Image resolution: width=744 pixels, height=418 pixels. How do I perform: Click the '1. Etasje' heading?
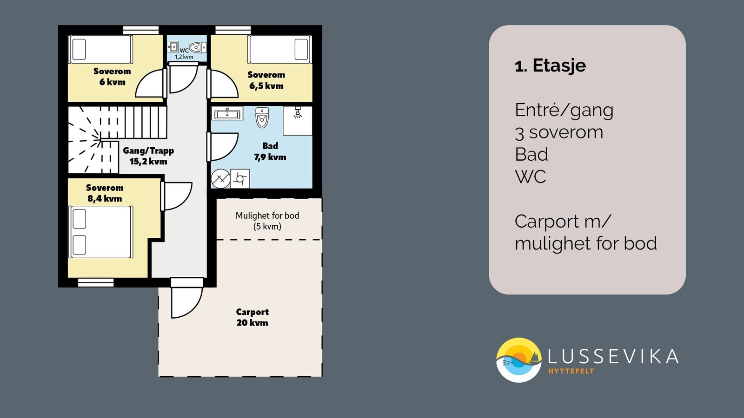(x=550, y=65)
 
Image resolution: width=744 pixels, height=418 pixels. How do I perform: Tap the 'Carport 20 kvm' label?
(x=252, y=317)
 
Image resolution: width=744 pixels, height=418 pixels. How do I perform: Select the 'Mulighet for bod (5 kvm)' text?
(x=267, y=221)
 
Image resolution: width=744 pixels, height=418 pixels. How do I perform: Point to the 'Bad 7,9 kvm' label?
(x=270, y=151)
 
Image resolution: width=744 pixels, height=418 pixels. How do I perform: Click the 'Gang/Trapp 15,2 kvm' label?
(x=148, y=156)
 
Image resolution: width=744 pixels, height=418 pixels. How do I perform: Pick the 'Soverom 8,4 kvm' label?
(x=105, y=193)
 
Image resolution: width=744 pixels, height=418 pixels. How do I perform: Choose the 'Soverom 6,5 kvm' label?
(x=266, y=80)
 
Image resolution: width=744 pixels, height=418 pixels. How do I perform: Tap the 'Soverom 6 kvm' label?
(x=112, y=77)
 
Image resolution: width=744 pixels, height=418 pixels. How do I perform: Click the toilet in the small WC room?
(x=198, y=47)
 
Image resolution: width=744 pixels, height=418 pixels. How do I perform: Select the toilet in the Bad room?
(x=262, y=118)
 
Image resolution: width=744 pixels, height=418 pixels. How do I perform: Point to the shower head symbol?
(x=298, y=112)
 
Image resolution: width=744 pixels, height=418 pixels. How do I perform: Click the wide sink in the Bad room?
(x=227, y=113)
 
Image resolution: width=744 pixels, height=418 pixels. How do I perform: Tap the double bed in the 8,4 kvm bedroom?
(x=101, y=232)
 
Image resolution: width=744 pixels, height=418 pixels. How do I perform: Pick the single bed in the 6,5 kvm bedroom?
(x=279, y=49)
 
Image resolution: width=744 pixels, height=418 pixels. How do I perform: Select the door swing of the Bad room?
(x=223, y=147)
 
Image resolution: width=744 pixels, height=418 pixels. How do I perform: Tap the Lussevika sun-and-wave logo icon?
(x=518, y=360)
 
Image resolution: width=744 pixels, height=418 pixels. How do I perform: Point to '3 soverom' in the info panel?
(x=559, y=132)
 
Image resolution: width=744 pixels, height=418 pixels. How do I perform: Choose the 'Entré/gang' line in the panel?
(x=564, y=110)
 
